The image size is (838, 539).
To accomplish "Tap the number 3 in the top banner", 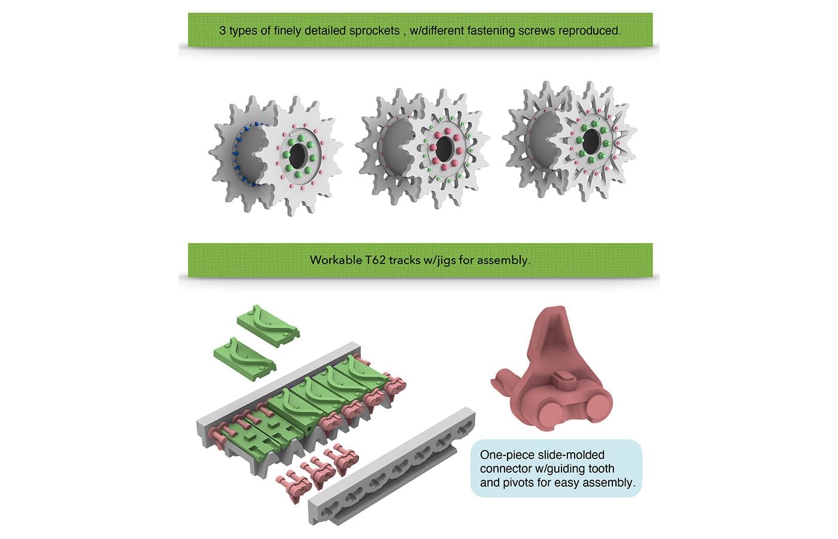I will [x=223, y=31].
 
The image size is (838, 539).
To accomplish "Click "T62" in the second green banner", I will [x=375, y=260].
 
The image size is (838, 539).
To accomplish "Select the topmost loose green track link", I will [x=268, y=325].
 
